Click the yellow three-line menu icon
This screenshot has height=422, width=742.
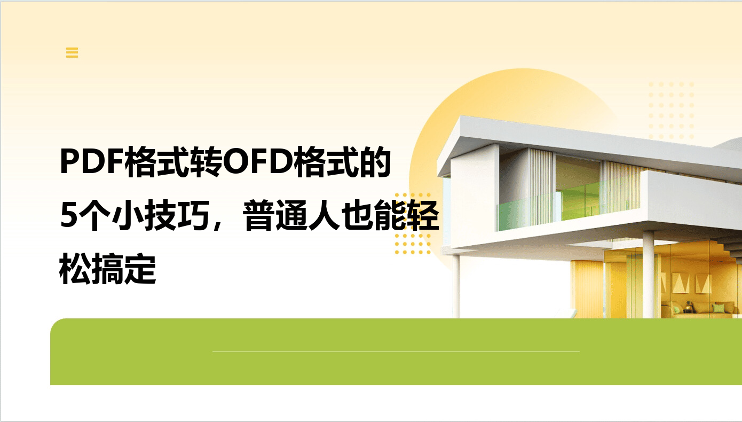coord(72,52)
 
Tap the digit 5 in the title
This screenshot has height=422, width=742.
coord(69,215)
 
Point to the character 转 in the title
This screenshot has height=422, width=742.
coord(206,162)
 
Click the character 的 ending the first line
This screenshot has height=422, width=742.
coord(375,162)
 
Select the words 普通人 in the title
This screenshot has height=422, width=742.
coord(291,215)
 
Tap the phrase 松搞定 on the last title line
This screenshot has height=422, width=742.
coord(108,269)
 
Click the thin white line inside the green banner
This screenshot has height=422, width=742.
coord(396,351)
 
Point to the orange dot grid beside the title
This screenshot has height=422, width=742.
coord(413,223)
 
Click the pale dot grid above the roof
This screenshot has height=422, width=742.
coord(671,111)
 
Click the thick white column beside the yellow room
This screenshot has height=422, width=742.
coord(649,275)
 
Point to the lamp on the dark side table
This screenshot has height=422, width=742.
coord(689,306)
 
